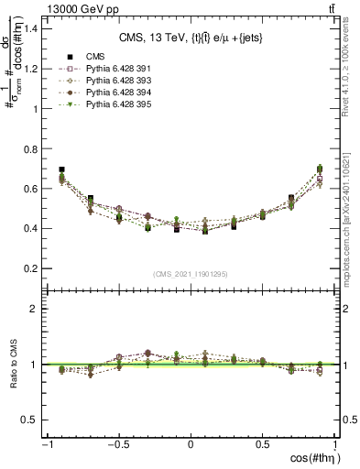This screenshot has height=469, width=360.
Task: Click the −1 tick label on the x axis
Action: (46, 444)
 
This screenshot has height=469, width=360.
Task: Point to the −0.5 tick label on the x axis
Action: (117, 444)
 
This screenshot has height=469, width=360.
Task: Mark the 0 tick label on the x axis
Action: (191, 444)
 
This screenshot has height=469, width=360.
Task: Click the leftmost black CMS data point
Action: (61, 169)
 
